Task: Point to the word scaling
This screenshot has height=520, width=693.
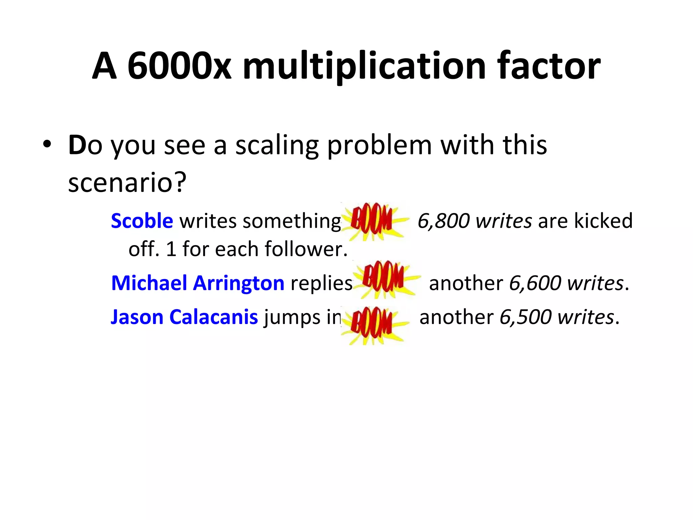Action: (x=276, y=146)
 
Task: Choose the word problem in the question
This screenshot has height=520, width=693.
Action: (x=379, y=146)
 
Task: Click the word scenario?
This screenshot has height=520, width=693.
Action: (x=127, y=183)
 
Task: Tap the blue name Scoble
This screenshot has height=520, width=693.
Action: (x=142, y=221)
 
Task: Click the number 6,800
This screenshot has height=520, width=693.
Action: (x=443, y=221)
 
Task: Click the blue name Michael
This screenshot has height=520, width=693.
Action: (x=149, y=283)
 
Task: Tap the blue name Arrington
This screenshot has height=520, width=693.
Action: (x=239, y=284)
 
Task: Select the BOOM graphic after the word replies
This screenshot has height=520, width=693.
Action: (x=385, y=280)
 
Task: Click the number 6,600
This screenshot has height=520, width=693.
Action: (x=535, y=283)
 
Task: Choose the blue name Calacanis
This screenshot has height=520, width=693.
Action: (x=214, y=317)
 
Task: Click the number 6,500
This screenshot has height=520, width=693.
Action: (x=525, y=317)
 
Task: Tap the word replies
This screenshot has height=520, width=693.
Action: (x=321, y=284)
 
